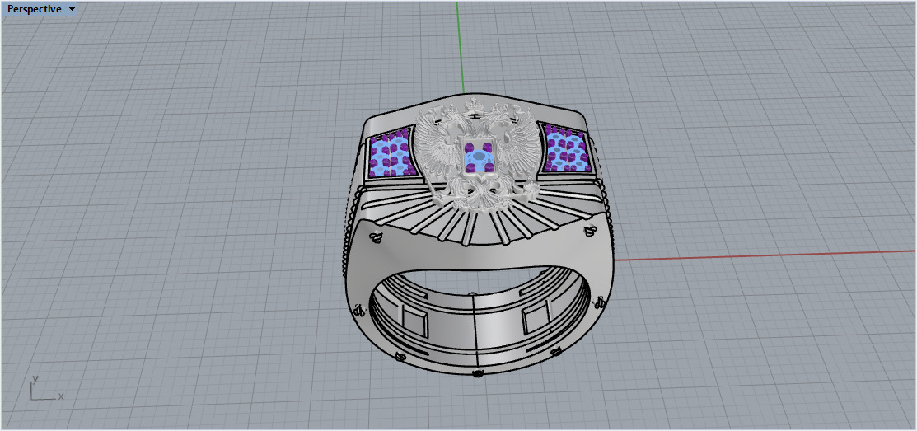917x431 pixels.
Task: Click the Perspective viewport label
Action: point(34,9)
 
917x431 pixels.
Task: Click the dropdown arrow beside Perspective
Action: point(73,9)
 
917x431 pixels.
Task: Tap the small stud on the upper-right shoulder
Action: point(590,231)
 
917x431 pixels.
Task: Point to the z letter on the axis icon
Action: point(35,381)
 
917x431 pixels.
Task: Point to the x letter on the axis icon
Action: point(61,396)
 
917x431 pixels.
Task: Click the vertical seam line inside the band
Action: point(479,330)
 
